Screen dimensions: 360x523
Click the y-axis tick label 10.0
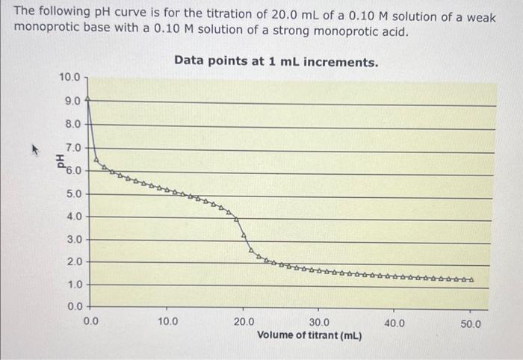pos(69,77)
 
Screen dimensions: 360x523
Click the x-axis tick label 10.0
pos(167,323)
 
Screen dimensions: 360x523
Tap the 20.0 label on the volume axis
pos(244,323)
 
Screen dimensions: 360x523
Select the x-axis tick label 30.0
pos(319,323)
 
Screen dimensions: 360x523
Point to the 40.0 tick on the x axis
pos(394,323)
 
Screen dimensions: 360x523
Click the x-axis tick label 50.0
pos(471,324)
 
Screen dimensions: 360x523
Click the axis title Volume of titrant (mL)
pos(309,335)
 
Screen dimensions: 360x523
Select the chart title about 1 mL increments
pos(276,61)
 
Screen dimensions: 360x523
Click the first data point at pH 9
pos(90,99)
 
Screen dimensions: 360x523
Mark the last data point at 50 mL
pos(471,281)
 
